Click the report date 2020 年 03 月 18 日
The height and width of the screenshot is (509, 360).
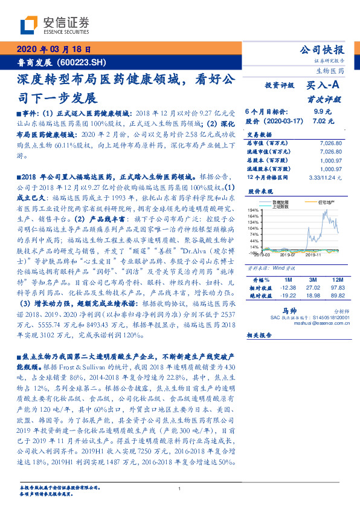(x=54, y=50)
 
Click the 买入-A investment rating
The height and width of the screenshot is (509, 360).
(x=323, y=86)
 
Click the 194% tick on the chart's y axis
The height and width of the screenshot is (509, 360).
(x=253, y=209)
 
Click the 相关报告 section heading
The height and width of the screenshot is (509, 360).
(x=261, y=334)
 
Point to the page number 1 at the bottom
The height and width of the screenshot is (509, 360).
(x=179, y=489)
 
